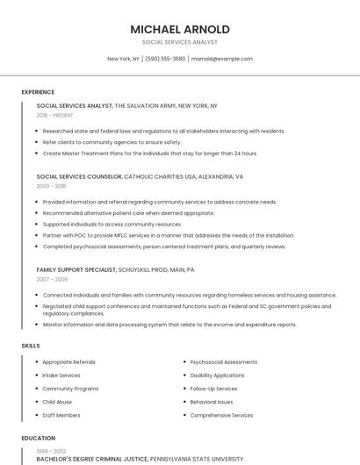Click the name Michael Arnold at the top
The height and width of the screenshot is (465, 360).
click(x=179, y=29)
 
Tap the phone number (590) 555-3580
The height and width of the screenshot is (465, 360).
click(x=165, y=59)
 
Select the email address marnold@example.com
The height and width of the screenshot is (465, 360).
click(x=222, y=59)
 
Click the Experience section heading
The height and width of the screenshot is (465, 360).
click(x=38, y=92)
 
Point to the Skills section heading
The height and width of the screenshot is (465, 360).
click(x=31, y=346)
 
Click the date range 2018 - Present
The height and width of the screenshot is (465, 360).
click(x=54, y=115)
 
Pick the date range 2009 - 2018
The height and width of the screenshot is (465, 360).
click(x=51, y=186)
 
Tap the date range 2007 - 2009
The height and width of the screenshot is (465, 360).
click(x=51, y=279)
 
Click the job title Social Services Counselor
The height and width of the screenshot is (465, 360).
click(x=79, y=176)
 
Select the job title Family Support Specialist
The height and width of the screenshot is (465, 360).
click(x=77, y=269)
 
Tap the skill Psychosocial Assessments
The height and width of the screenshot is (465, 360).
click(x=223, y=361)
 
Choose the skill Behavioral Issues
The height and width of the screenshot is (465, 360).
click(x=212, y=402)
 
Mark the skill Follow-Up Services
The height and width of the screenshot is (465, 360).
click(x=213, y=389)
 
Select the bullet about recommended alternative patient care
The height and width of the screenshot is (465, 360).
click(x=128, y=212)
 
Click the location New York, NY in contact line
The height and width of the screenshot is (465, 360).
click(x=123, y=59)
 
